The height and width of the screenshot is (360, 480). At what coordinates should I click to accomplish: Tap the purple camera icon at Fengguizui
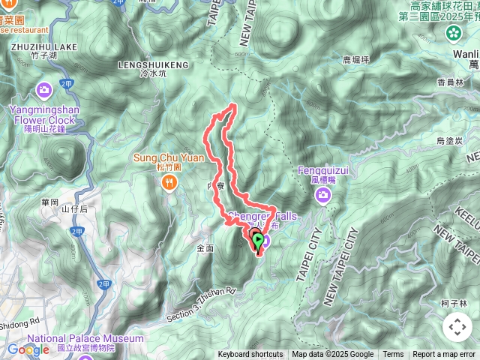tap(323, 196)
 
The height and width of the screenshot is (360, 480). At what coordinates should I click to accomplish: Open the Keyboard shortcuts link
tap(250, 355)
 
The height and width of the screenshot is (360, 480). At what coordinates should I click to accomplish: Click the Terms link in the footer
tap(393, 355)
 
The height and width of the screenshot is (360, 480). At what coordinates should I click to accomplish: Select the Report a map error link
tap(445, 355)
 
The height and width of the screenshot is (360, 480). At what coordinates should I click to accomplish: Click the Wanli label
tap(466, 55)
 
